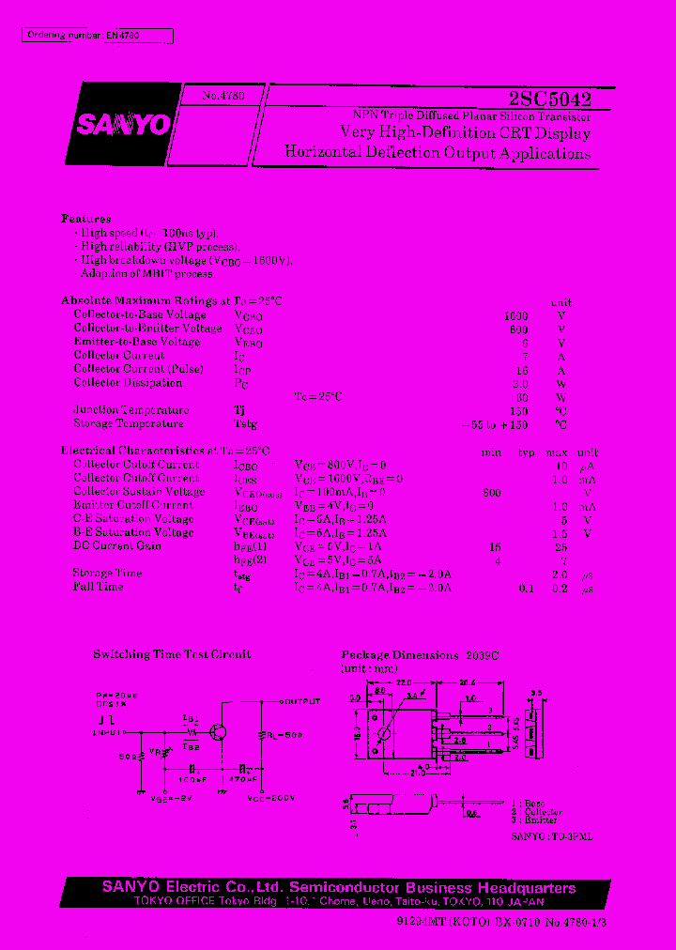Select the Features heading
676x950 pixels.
pos(86,217)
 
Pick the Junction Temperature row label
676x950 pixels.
pos(131,410)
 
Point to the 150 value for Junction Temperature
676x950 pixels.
pos(517,411)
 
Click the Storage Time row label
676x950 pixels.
pos(107,574)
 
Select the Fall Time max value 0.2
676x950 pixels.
pos(560,588)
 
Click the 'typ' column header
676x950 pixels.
pos(527,452)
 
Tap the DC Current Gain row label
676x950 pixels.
pos(117,546)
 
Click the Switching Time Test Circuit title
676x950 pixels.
pos(172,654)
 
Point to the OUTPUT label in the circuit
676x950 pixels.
pos(303,701)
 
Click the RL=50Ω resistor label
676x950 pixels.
pos(284,735)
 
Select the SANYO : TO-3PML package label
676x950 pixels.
pos(552,834)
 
